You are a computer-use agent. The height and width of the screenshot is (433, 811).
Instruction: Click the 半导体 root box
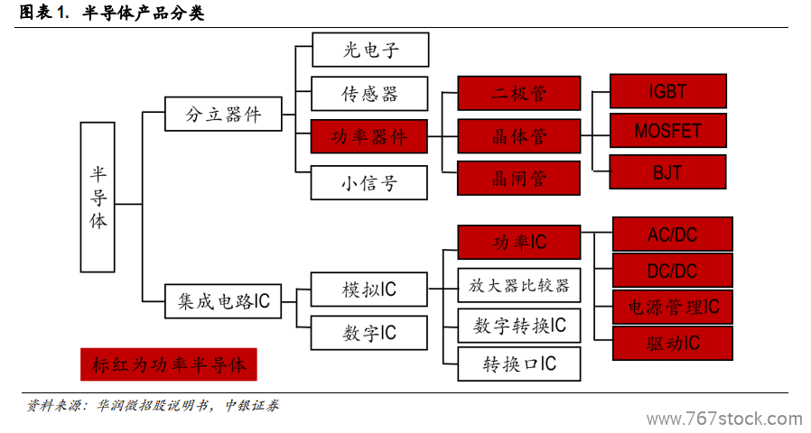pos(98,197)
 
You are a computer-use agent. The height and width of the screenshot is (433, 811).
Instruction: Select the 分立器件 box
pos(223,114)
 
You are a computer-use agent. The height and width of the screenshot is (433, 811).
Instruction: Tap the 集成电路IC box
pos(223,300)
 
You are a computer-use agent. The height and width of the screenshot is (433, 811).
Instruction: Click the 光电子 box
pos(370,50)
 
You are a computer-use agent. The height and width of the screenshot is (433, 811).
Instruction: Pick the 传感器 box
pos(369,94)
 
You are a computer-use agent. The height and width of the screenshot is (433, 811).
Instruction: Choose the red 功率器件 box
pos(368,136)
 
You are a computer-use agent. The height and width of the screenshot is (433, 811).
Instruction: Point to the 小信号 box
pos(368,182)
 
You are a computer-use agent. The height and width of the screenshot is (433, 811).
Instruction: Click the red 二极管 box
pos(518,93)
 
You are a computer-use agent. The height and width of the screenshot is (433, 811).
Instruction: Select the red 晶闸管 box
pos(518,179)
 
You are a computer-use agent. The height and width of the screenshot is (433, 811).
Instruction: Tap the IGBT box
pos(668,91)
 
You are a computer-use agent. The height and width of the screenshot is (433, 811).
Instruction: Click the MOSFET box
pos(668,130)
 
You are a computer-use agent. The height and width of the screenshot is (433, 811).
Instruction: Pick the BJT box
pos(667,171)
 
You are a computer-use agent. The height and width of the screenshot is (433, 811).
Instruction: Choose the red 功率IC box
pos(519,242)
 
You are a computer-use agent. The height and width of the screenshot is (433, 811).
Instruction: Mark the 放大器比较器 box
pos(519,285)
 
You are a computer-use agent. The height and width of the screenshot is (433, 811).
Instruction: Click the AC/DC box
pos(673,234)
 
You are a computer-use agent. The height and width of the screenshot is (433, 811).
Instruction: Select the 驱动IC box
pos(673,343)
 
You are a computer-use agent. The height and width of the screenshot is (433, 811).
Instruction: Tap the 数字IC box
pos(368,333)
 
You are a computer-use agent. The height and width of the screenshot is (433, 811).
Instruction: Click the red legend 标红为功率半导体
pos(169,364)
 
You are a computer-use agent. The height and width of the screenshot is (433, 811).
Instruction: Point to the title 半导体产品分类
pos(144,13)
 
